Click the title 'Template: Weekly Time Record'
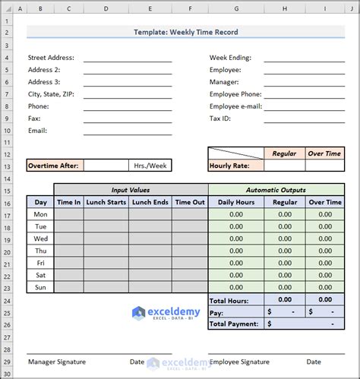coord(185,32)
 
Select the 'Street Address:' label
coord(52,58)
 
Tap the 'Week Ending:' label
coord(230,58)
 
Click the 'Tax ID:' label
coord(222,118)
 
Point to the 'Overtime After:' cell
coord(55,165)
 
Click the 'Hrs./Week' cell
coord(150,165)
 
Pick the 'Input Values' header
coord(131,190)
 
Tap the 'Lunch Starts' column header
coord(106,202)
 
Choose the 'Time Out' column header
coord(189,202)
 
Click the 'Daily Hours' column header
coord(236,202)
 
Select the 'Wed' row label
coord(41,238)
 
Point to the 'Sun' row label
coord(41,287)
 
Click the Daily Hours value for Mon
coord(236,214)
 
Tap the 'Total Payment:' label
coord(234,324)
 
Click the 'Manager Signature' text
coord(57,362)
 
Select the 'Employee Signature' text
coord(241,362)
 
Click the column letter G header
coord(236,9)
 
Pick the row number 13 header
coord(8,165)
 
